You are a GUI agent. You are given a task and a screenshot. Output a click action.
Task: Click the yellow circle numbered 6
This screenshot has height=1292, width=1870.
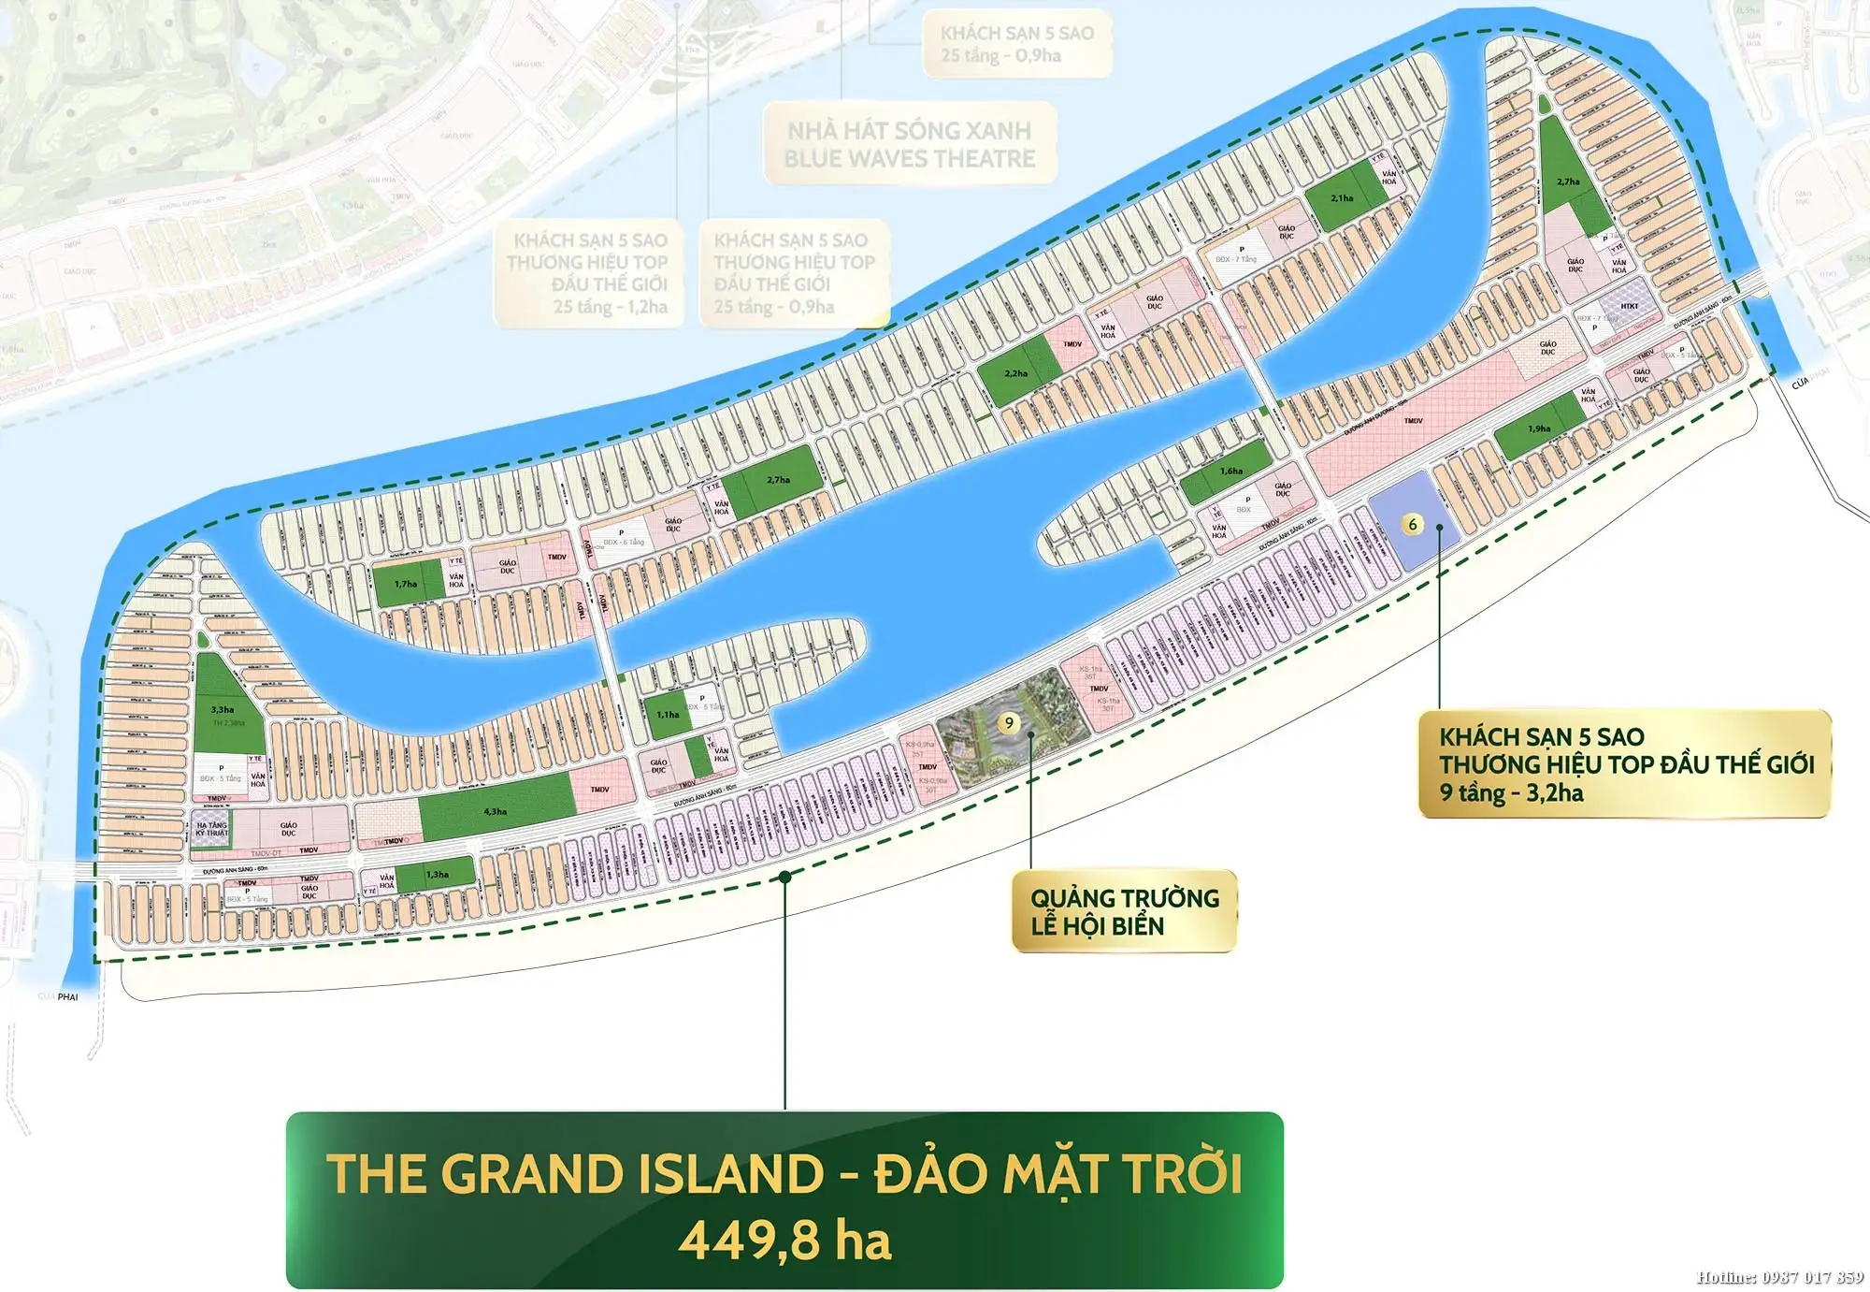tap(1412, 524)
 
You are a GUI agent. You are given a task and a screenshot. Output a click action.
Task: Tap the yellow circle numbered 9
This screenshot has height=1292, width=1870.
tap(1008, 722)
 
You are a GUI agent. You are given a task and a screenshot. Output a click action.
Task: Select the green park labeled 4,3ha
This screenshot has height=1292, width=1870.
tap(496, 809)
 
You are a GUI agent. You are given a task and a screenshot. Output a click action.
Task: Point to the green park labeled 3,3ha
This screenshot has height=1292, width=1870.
tap(223, 709)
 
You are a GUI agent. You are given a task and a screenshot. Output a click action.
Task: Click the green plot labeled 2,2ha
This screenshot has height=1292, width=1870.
tap(1016, 372)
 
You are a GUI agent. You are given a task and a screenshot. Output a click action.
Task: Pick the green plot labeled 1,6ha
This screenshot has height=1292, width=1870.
tap(1231, 472)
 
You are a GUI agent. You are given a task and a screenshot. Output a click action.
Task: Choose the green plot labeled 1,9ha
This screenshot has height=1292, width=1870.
tap(1539, 428)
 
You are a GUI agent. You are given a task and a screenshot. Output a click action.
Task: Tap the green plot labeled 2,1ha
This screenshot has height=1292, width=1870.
tap(1342, 197)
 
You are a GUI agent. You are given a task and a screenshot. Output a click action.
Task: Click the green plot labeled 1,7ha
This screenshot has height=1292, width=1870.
tap(406, 584)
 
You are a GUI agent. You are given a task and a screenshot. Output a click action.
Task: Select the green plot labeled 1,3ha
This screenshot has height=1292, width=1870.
tap(437, 875)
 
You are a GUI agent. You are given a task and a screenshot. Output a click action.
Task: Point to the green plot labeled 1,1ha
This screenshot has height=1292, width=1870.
tap(668, 715)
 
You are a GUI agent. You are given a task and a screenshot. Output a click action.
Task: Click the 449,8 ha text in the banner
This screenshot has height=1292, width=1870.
tap(784, 1241)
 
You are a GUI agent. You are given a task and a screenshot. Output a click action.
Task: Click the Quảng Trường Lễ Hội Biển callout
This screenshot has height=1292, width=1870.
tap(1124, 912)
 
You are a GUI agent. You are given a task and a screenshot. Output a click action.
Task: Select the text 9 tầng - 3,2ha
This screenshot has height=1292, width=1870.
tap(1511, 793)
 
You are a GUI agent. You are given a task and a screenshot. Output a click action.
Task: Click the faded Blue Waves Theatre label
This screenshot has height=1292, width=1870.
tap(909, 159)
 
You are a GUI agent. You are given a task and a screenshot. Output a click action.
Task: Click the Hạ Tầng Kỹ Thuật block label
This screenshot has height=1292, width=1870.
tap(211, 829)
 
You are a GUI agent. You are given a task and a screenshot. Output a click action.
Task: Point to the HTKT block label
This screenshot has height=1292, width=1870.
tap(1630, 306)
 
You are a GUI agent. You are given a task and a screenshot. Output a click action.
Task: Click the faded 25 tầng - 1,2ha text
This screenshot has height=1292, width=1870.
tap(610, 307)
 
